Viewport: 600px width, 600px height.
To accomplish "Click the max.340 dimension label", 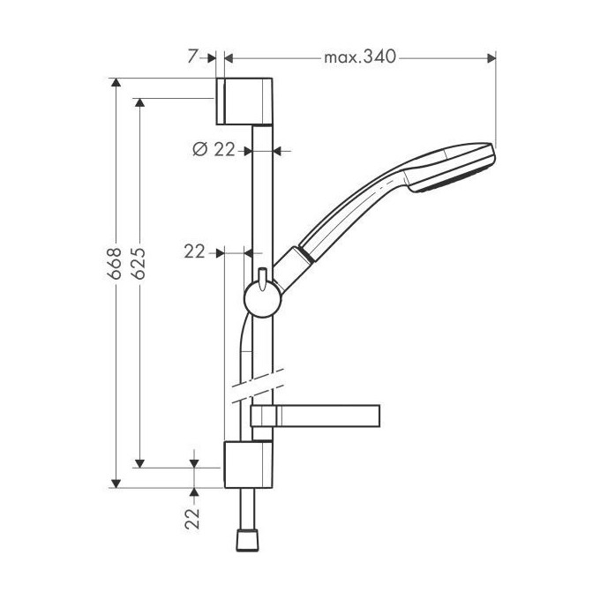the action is point(359,57).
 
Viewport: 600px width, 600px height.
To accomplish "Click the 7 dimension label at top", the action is point(193,57).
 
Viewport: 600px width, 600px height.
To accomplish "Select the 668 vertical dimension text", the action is point(115,263).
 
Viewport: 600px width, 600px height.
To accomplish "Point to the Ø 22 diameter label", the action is point(214,149).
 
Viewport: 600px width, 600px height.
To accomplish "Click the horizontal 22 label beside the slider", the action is point(195,251).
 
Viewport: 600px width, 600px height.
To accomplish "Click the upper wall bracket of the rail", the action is point(244,101).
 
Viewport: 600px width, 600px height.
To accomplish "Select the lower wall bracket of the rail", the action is point(248,464).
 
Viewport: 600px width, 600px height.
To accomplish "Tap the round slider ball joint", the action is point(263,299).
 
